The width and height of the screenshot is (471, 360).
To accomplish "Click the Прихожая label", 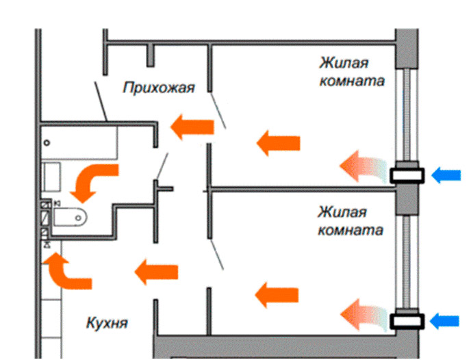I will point(159,88).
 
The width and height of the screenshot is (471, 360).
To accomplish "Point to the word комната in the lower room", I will point(350,229).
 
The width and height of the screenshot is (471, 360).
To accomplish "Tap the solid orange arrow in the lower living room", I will point(277,295).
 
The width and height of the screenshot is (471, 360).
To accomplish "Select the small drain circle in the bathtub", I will point(47,143).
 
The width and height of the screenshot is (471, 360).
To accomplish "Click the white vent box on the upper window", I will point(407,176).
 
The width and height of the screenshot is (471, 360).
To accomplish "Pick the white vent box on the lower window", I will point(407,321).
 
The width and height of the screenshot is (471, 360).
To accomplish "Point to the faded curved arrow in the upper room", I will point(362,168).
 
